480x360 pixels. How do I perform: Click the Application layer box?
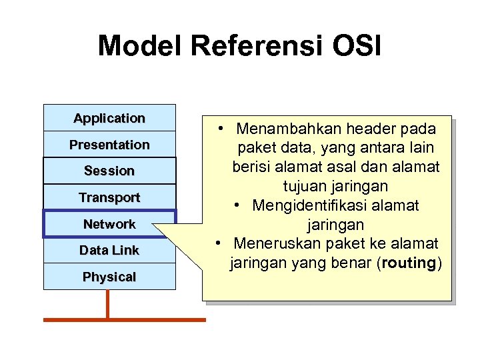109,118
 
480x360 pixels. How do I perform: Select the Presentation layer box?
109,145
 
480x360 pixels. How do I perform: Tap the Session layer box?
109,171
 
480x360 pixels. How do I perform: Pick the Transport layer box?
109,197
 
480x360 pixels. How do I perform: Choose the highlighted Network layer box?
109,224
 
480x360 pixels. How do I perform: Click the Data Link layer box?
109,251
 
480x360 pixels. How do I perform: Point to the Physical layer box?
109,277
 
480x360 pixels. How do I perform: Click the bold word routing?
409,263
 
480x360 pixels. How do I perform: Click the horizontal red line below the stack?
125,320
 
